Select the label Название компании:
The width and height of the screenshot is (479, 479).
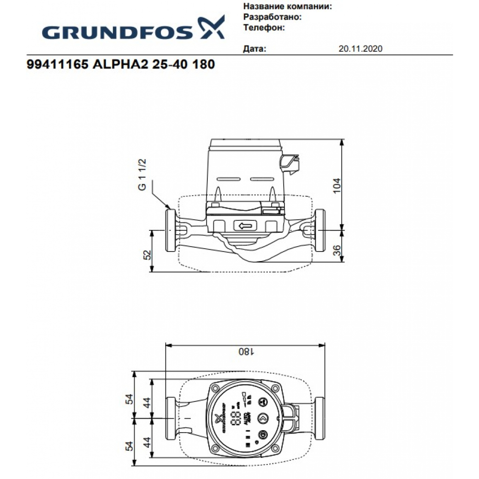click(287, 7)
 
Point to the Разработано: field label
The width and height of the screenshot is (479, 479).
click(272, 17)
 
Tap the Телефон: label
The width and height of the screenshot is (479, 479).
click(264, 27)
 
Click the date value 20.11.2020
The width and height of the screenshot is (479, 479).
click(360, 49)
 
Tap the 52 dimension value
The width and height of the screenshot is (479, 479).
click(148, 254)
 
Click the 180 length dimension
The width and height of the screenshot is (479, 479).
click(244, 351)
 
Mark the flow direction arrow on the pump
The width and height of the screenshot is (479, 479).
click(244, 226)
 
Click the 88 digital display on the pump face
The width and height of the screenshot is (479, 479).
click(235, 417)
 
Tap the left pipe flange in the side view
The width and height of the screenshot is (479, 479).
click(170, 229)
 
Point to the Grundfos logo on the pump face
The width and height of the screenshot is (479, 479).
click(221, 418)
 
